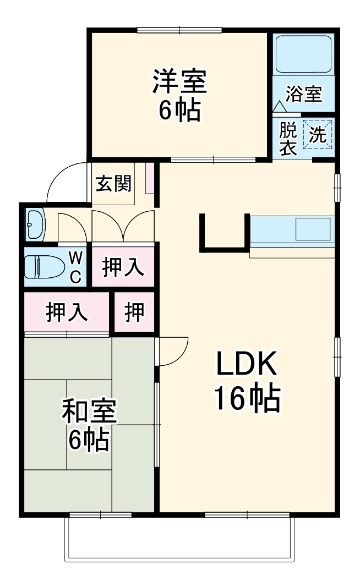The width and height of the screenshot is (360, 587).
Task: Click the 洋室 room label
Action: pos(179,82)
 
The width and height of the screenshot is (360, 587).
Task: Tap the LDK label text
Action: pos(246,364)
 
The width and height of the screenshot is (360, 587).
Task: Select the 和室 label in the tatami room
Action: pos(89,413)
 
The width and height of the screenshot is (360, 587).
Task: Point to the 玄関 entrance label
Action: pos(114,184)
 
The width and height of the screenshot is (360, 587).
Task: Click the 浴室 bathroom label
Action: pos(304,94)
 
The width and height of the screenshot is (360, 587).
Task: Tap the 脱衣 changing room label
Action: pos(287,139)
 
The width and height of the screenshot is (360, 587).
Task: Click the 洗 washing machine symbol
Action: pos(318,134)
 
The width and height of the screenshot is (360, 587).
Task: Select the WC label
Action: pos(76,267)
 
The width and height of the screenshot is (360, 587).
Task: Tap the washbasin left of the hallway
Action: pos(34,225)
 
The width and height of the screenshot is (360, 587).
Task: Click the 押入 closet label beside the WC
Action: pos(123,268)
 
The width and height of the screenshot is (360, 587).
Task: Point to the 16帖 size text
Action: pos(247,399)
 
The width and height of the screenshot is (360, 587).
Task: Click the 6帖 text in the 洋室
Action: pos(179,111)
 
